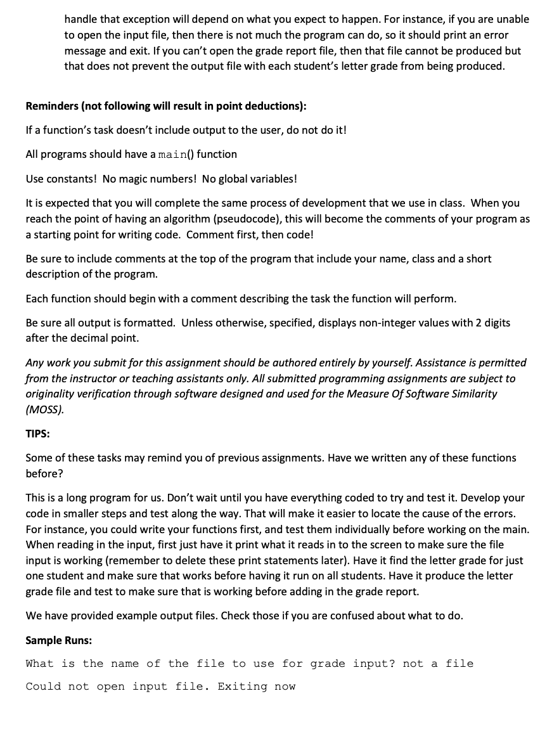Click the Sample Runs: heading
[x=58, y=640]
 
